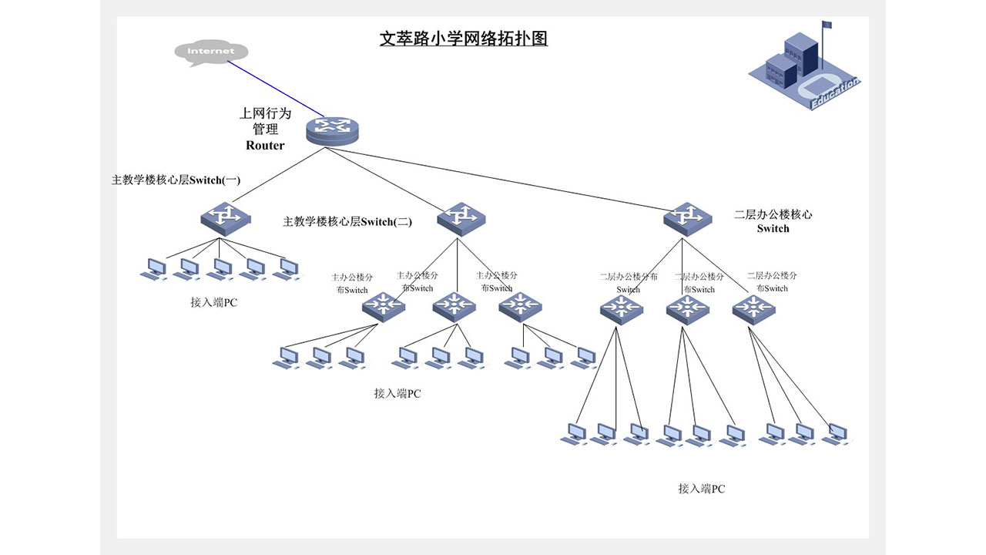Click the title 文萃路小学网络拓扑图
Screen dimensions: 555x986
pyautogui.click(x=463, y=39)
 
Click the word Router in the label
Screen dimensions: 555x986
pyautogui.click(x=265, y=146)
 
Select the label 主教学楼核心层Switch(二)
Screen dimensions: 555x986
pyautogui.click(x=347, y=222)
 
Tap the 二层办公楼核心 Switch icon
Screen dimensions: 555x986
pyautogui.click(x=686, y=218)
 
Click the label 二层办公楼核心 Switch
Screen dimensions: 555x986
pyautogui.click(x=773, y=221)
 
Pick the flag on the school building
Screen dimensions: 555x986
pyautogui.click(x=827, y=25)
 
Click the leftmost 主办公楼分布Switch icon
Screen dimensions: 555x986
pyautogui.click(x=383, y=306)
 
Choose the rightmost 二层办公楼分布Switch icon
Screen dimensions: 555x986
pyautogui.click(x=753, y=308)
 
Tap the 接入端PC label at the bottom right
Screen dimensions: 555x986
pyautogui.click(x=701, y=489)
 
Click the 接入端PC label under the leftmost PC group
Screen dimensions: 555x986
pyautogui.click(x=213, y=303)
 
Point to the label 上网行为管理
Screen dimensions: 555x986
pyautogui.click(x=265, y=121)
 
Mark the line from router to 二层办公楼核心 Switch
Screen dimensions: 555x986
pyautogui.click(x=508, y=180)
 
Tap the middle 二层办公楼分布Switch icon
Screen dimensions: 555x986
pyautogui.click(x=686, y=308)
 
